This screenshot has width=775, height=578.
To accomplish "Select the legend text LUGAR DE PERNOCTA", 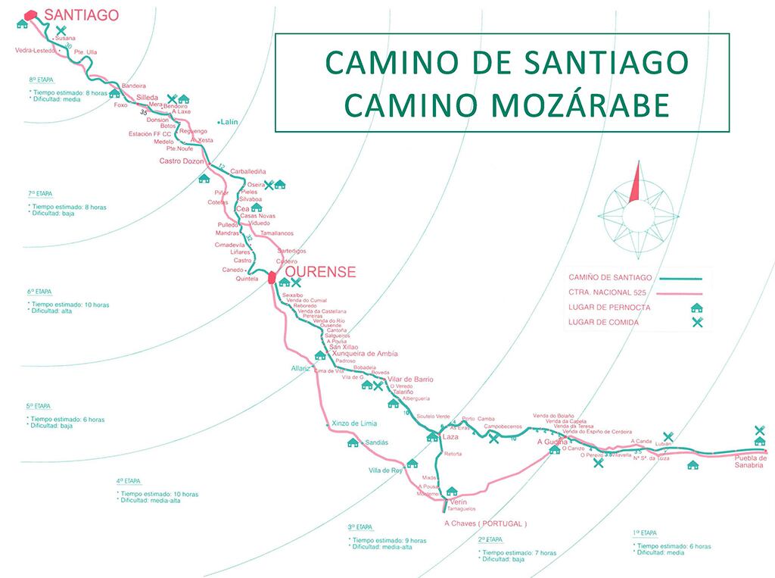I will (x=608, y=308).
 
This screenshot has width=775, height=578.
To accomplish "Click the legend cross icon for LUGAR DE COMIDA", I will (x=696, y=323).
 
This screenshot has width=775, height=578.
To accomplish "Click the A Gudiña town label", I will (x=552, y=441).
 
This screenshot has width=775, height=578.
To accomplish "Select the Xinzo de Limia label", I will (x=353, y=423).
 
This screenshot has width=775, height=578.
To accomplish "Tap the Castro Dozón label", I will (x=182, y=161).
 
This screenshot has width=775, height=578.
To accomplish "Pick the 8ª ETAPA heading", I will (x=41, y=79).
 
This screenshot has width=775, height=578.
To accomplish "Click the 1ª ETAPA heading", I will (x=645, y=533).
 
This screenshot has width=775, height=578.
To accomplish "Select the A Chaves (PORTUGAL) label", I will (x=485, y=523).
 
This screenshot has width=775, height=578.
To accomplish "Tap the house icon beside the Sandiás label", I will (x=352, y=442).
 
